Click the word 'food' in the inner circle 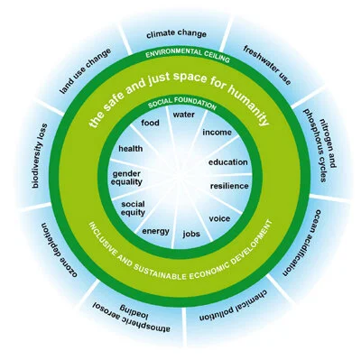point(151,123)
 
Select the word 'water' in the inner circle point(185,115)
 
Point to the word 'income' point(218,134)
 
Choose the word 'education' point(227,162)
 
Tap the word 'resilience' point(229,185)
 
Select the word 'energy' point(155,230)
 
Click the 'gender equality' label point(128,178)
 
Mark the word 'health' point(131,149)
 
